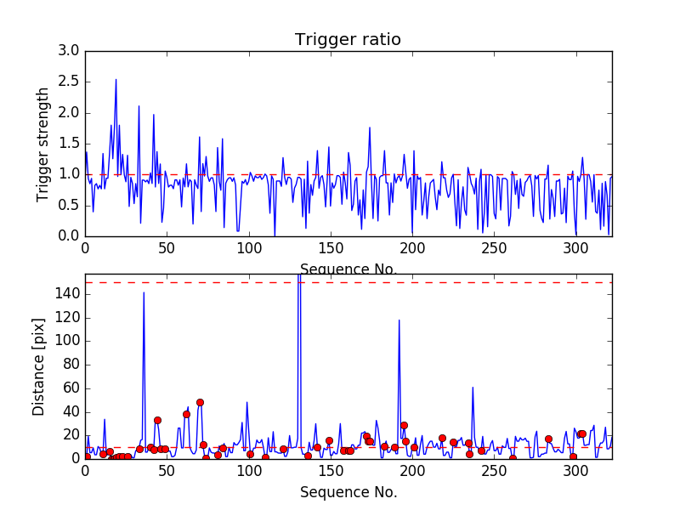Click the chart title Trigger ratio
pos(348,40)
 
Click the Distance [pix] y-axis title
pos(39,365)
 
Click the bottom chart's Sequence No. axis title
pos(348,492)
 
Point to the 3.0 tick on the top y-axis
pos(70,51)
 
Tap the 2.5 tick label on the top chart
pos(70,82)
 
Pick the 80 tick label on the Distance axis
pos(70,365)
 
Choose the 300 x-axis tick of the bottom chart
pos(576,471)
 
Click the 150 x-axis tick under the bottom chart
pos(331,471)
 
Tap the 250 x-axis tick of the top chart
pos(495,249)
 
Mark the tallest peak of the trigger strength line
pos(116,79)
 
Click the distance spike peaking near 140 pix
pos(144,292)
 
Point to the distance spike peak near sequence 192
pos(399,320)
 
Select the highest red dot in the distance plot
pos(200,402)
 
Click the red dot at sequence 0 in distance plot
pos(86,456)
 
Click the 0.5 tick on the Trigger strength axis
pos(70,205)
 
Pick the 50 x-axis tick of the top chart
pos(167,249)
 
